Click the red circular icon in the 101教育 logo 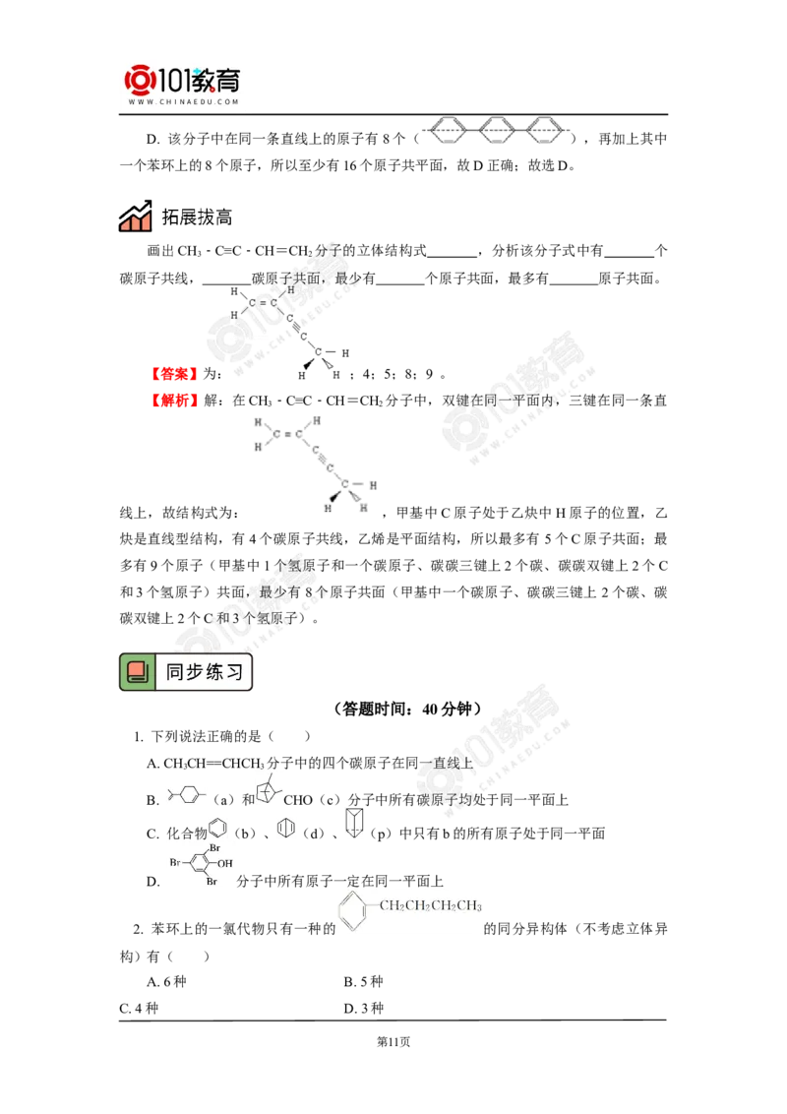[140, 80]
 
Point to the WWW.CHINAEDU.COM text [183, 101]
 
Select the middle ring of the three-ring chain [497, 130]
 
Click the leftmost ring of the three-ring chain [448, 130]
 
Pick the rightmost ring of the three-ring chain [546, 130]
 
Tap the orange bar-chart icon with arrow [135, 217]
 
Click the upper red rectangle [174, 374]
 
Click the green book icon [138, 672]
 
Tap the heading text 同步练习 [203, 672]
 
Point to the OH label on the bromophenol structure [225, 863]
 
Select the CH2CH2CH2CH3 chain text [430, 905]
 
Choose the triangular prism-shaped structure [353, 822]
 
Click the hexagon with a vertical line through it [285, 828]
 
